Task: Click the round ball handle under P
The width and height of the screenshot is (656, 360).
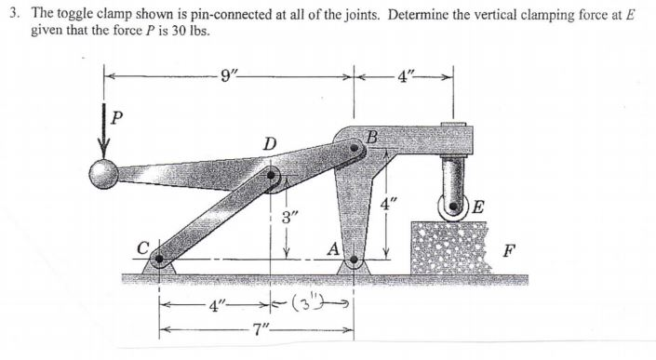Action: (103, 172)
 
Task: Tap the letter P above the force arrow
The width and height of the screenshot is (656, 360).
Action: (117, 118)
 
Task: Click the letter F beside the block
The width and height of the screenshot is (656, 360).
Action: (508, 249)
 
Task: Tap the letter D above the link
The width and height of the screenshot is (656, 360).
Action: (269, 143)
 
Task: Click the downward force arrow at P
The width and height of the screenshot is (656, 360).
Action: (105, 135)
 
